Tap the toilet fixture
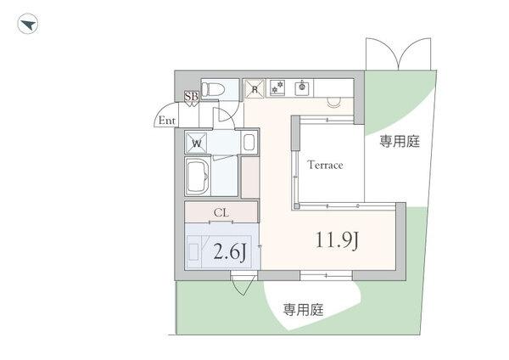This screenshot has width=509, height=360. pos(216,87)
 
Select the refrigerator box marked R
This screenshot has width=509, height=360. pos(254,87)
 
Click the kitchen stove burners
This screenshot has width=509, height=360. pos(277,87)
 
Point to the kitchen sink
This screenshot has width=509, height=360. pos(301,87)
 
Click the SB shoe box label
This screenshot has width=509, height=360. pos(191,97)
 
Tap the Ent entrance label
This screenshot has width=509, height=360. pos(167,121)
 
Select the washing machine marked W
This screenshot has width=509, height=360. pos(197,143)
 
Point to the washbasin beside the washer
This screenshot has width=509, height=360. pos(249,142)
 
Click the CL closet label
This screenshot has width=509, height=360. pos(221,212)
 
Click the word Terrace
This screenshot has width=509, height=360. pos(325,165)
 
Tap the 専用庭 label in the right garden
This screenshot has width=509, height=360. pos(399,142)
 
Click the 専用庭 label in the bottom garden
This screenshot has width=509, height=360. pos(304,310)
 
